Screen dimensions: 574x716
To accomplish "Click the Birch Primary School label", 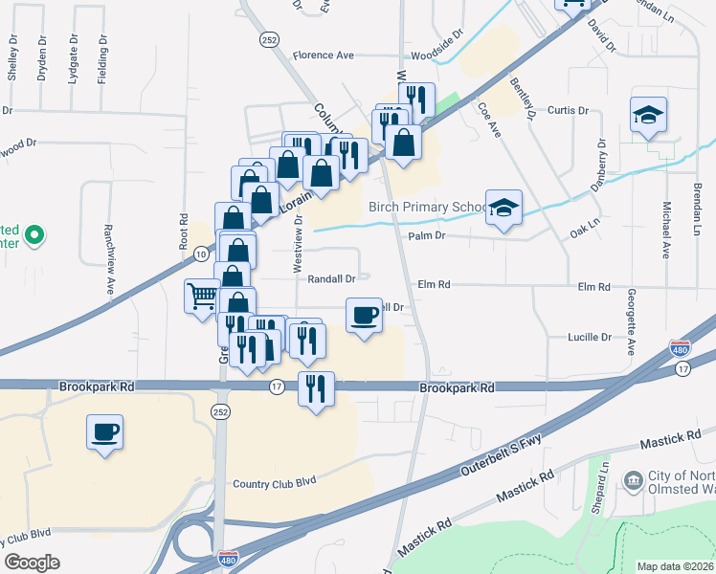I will pyautogui.click(x=428, y=208).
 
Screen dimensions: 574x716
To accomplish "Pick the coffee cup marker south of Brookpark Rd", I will pyautogui.click(x=105, y=430).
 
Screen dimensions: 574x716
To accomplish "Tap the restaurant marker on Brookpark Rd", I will pyautogui.click(x=315, y=388).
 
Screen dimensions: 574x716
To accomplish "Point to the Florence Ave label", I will pyautogui.click(x=324, y=55).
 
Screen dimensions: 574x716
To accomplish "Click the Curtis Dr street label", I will pyautogui.click(x=568, y=110).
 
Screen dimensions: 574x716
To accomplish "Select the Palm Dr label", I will pyautogui.click(x=427, y=235).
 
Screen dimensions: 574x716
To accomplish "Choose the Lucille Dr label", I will pyautogui.click(x=590, y=338).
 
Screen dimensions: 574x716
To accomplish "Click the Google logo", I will pyautogui.click(x=32, y=563).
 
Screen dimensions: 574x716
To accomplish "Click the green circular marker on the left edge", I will pyautogui.click(x=34, y=234).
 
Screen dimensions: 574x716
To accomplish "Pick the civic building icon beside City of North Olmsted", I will pyautogui.click(x=633, y=478).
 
